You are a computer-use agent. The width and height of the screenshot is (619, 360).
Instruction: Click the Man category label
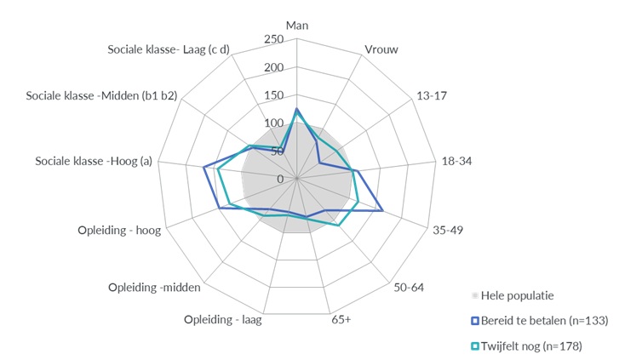point(296,25)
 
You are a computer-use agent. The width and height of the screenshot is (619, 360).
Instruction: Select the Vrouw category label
point(381,49)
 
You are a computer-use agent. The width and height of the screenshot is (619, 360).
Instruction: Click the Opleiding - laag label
point(223,320)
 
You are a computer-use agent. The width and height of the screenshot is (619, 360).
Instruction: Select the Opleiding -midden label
point(154,288)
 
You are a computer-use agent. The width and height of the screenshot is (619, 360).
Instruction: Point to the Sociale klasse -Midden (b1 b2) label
point(101,95)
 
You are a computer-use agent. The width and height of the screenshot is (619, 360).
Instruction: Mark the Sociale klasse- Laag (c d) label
point(169,49)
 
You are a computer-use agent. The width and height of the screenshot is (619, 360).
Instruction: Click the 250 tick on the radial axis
point(274,39)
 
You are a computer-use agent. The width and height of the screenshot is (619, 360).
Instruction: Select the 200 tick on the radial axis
point(274,67)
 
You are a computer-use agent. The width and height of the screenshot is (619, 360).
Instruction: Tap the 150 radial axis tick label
point(274,95)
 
